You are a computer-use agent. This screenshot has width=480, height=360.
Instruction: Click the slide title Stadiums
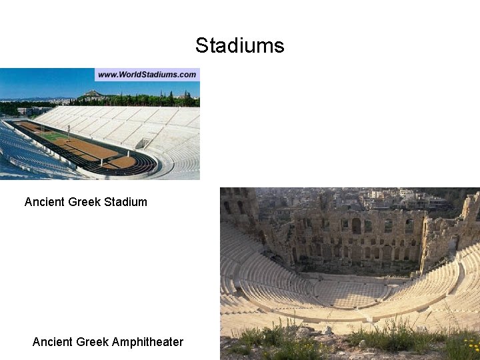239,45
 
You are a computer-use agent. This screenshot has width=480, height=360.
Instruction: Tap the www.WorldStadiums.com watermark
147,75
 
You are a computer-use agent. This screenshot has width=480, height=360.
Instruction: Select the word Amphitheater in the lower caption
147,342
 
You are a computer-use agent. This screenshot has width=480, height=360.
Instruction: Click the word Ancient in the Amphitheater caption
53,342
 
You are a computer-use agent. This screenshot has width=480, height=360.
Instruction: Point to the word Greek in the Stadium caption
83,201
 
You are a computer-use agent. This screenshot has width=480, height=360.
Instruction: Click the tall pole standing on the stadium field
68,131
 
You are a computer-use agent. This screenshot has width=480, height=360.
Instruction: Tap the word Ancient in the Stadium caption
45,201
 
